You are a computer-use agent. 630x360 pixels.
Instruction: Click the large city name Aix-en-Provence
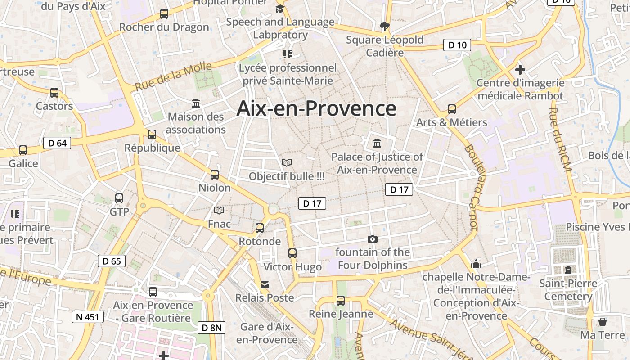pos(316,109)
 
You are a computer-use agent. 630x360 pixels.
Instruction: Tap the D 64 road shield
pos(57,143)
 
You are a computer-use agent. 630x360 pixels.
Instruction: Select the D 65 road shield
pos(112,261)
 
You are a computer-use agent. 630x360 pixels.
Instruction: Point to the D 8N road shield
pos(211,328)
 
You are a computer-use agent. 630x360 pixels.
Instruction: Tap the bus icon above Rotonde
pos(260,228)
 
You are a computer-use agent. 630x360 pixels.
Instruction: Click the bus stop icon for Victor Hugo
pos(292,253)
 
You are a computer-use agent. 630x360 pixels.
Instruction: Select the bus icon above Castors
pos(54,93)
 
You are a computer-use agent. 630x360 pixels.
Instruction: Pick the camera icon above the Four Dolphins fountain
pos(373,239)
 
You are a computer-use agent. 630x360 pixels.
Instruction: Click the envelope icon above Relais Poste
pos(265,284)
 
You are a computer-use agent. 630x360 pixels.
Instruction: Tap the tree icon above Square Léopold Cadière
pos(385,27)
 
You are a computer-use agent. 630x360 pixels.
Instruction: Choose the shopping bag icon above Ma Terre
pos(602,322)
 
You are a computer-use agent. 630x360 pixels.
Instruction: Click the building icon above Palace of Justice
pos(377,144)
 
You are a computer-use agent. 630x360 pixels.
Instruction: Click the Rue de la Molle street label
pos(173,76)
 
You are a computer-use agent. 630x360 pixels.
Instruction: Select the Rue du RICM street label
pos(560,139)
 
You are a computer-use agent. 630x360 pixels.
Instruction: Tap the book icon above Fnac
pos(219,210)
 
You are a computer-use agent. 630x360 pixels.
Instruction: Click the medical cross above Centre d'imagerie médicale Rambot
pos(520,70)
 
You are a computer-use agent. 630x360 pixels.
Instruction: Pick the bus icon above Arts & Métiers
pos(452,109)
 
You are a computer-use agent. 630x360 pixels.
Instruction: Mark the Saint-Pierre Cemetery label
pos(568,290)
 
